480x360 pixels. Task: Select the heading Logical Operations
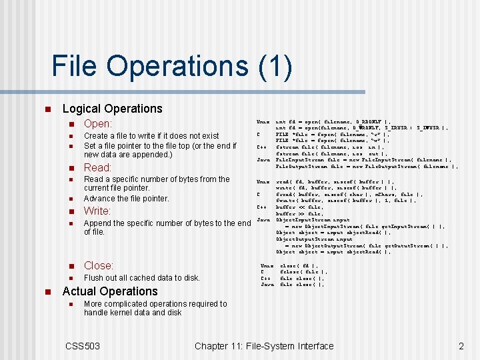[112, 109]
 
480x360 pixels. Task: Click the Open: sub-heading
[98, 123]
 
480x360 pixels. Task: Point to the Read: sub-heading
[97, 167]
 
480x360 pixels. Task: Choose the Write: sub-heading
[97, 211]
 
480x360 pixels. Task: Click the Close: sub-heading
[99, 265]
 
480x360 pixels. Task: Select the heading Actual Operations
[110, 291]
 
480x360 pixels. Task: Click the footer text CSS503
[83, 345]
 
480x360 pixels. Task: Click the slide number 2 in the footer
[461, 345]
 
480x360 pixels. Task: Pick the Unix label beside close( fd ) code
[267, 265]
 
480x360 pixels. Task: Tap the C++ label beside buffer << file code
[263, 207]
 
